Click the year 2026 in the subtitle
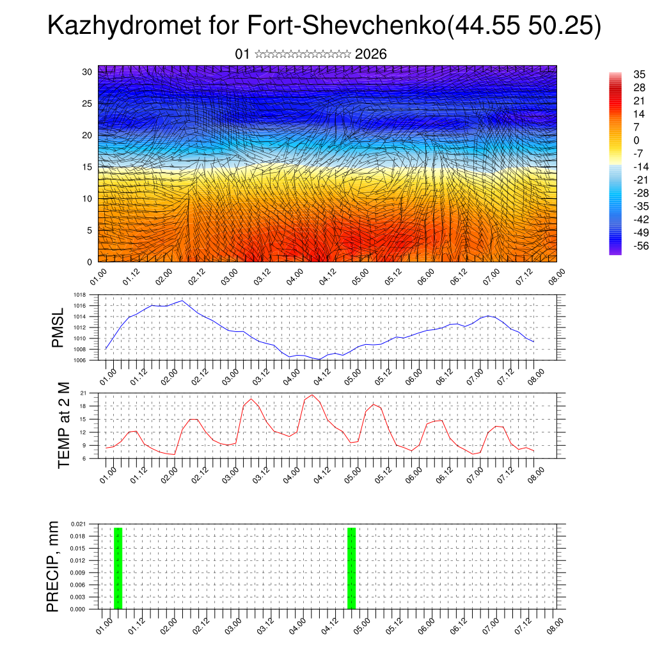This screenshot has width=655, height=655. click(370, 54)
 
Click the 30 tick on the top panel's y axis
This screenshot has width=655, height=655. click(87, 72)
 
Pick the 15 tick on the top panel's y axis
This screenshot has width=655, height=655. click(87, 167)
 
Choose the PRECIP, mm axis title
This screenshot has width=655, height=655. click(53, 566)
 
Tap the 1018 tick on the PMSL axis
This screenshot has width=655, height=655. click(79, 295)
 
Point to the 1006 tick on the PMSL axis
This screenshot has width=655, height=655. click(79, 361)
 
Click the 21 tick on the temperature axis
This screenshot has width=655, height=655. click(83, 393)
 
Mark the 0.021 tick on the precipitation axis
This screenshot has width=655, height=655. click(77, 524)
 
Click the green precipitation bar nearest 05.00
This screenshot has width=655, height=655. click(351, 568)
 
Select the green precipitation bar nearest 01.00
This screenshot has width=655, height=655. click(118, 568)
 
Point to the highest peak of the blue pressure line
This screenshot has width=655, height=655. click(183, 300)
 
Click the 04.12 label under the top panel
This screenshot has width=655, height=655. click(327, 277)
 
